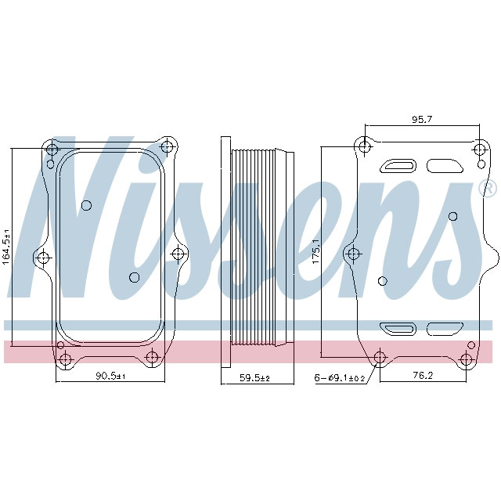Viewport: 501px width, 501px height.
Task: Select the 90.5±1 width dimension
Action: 110,376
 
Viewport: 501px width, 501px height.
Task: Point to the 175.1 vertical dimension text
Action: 316,251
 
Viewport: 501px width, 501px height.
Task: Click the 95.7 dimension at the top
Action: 422,119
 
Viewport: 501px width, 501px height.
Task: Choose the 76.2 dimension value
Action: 423,376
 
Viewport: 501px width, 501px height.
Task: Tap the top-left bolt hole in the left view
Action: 52,150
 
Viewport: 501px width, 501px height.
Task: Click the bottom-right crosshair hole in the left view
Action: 153,358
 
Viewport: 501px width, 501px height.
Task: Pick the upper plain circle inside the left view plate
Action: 87,206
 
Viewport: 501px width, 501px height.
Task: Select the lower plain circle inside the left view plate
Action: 134,277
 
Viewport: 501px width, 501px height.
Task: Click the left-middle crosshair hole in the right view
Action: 353,253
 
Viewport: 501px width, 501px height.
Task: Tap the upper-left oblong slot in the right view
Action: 398,166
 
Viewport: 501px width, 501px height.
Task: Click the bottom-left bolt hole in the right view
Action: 380,359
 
